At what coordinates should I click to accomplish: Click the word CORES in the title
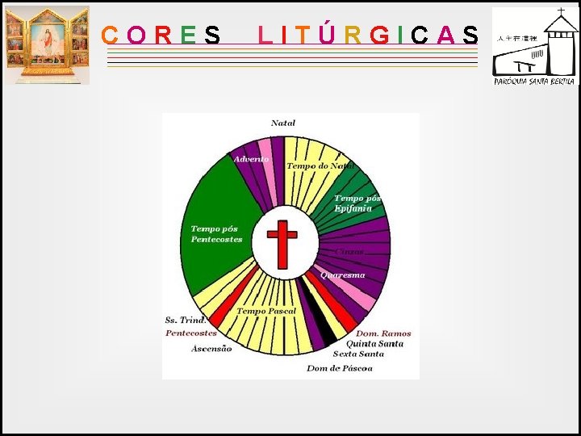click(161, 36)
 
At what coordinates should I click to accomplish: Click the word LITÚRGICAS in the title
click(368, 36)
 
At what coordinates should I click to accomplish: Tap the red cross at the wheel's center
click(282, 243)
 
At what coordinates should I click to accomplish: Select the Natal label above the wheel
click(283, 124)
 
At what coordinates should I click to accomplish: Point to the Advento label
click(251, 159)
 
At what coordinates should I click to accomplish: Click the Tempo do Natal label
click(320, 166)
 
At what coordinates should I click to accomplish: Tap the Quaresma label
click(342, 275)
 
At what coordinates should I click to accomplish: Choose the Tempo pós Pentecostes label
click(216, 234)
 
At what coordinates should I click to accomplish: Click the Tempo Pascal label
click(266, 311)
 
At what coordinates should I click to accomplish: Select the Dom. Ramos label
click(383, 333)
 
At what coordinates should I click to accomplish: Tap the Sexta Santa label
click(358, 354)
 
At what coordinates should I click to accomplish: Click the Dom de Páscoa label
click(339, 368)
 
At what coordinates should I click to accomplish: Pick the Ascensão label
click(211, 349)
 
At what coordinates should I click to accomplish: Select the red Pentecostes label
click(191, 333)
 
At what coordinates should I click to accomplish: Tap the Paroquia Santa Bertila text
click(535, 81)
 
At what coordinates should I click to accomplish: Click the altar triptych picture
click(47, 44)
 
